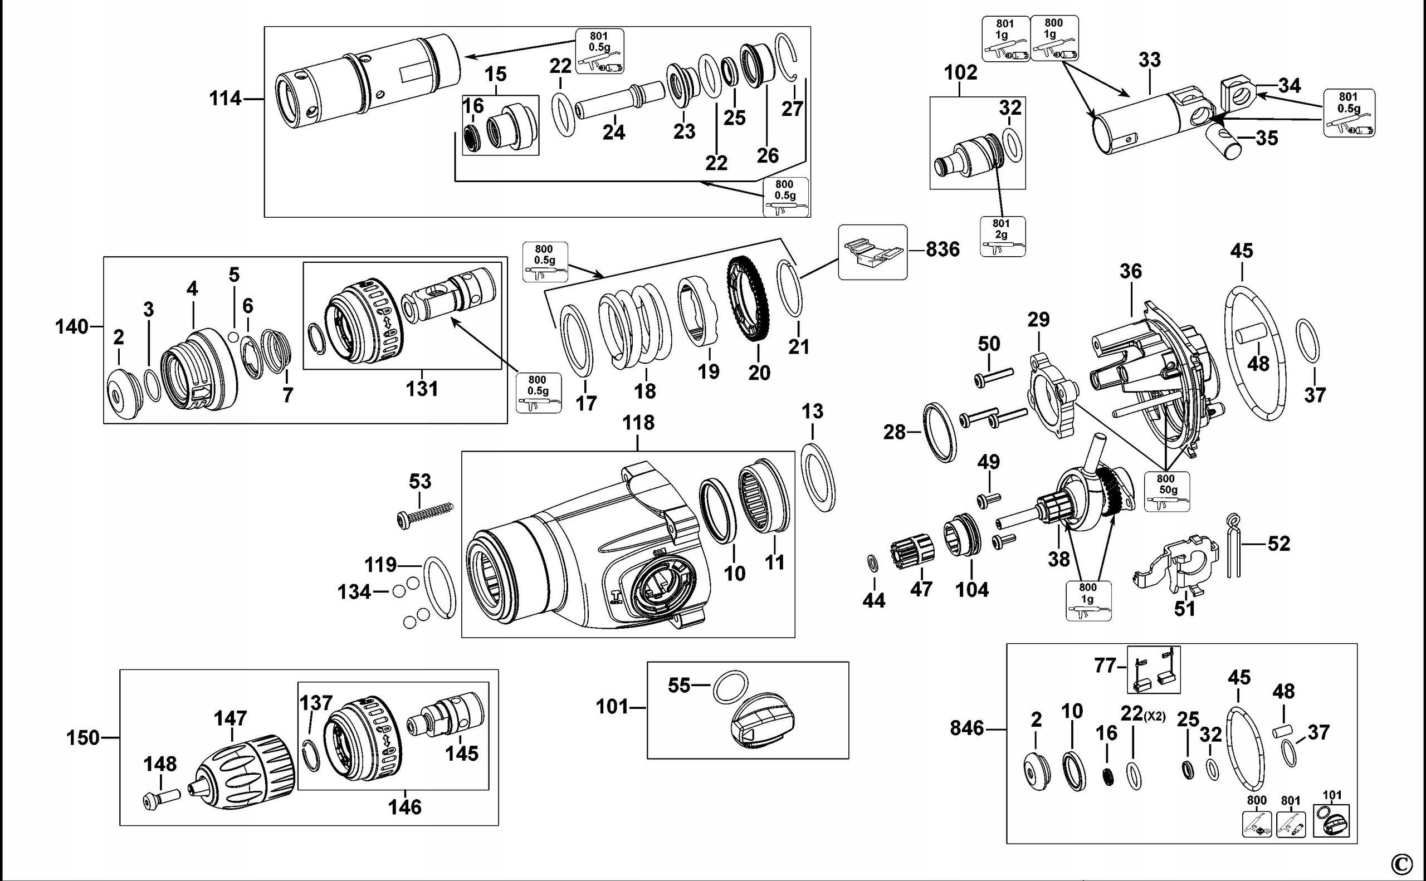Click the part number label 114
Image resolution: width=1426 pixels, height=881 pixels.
pyautogui.click(x=225, y=99)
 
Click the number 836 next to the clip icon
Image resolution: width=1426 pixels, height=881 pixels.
pyautogui.click(x=942, y=249)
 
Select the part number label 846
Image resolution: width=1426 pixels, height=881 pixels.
pyautogui.click(x=967, y=728)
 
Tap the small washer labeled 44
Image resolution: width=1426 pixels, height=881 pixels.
pyautogui.click(x=872, y=564)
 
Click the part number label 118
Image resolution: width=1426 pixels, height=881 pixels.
pyautogui.click(x=638, y=423)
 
